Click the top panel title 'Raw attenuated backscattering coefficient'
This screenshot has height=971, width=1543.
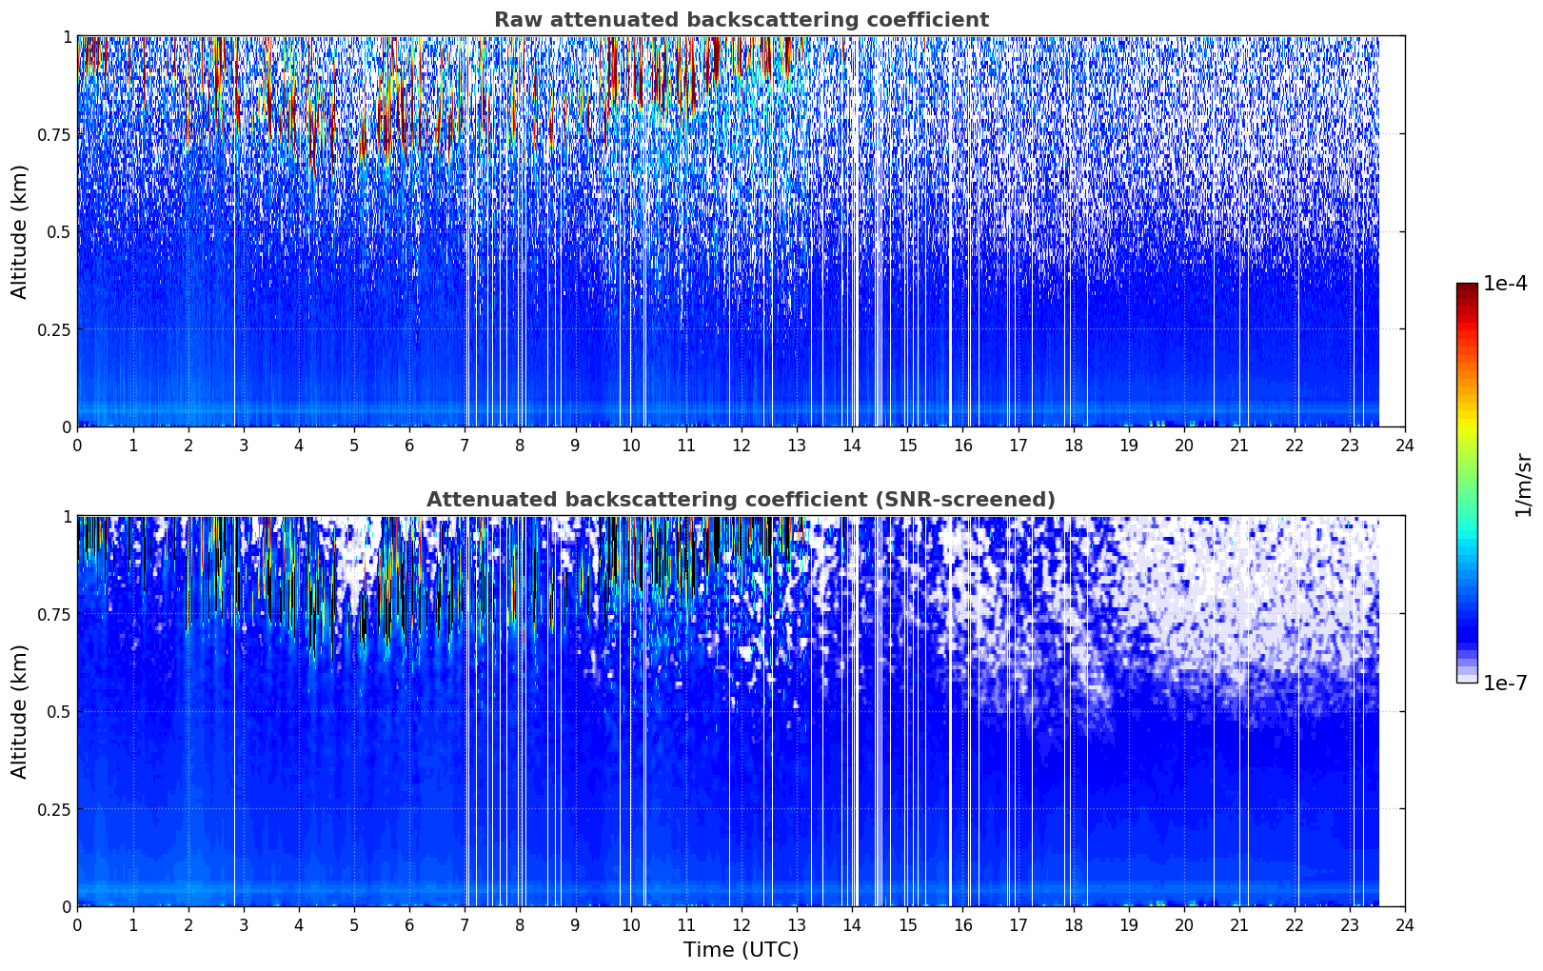[742, 19]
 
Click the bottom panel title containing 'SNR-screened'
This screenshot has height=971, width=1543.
[741, 499]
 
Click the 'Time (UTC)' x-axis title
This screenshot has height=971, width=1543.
[741, 950]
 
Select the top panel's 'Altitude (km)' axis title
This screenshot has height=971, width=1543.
[19, 232]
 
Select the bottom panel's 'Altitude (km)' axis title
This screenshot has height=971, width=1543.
[19, 712]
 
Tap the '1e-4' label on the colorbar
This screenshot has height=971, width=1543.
[1505, 284]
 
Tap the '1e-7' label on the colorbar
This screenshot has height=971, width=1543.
[1505, 684]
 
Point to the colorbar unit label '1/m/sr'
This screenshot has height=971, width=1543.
[1524, 485]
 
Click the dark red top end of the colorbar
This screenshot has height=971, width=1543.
[1467, 287]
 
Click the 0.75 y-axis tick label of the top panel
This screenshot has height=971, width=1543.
[53, 134]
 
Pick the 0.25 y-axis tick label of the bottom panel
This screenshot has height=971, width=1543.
[53, 809]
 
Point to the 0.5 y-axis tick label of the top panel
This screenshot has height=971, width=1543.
[59, 232]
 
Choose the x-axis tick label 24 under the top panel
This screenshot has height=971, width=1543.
[1405, 446]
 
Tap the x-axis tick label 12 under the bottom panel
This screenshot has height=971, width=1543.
[742, 925]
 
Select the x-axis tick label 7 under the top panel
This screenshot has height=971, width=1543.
[465, 446]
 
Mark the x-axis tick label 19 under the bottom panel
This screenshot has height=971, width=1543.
[1128, 925]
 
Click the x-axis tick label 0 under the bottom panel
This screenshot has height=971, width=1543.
[77, 925]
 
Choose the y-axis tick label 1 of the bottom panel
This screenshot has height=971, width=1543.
[67, 517]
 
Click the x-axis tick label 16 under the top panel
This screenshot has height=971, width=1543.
[962, 446]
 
